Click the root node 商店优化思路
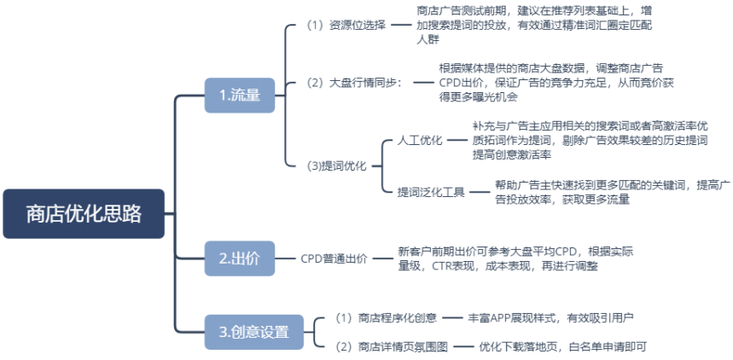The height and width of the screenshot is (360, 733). tap(83, 213)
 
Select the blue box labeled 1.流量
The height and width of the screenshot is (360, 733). tap(240, 95)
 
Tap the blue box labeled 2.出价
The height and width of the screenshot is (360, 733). tap(240, 258)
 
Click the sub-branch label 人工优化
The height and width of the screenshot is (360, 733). tap(420, 140)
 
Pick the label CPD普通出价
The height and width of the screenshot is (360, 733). tap(334, 258)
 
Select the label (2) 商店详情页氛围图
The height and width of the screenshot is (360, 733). tap(391, 346)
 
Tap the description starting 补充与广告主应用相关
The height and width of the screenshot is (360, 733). tap(590, 140)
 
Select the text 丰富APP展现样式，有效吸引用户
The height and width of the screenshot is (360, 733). tap(551, 317)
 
